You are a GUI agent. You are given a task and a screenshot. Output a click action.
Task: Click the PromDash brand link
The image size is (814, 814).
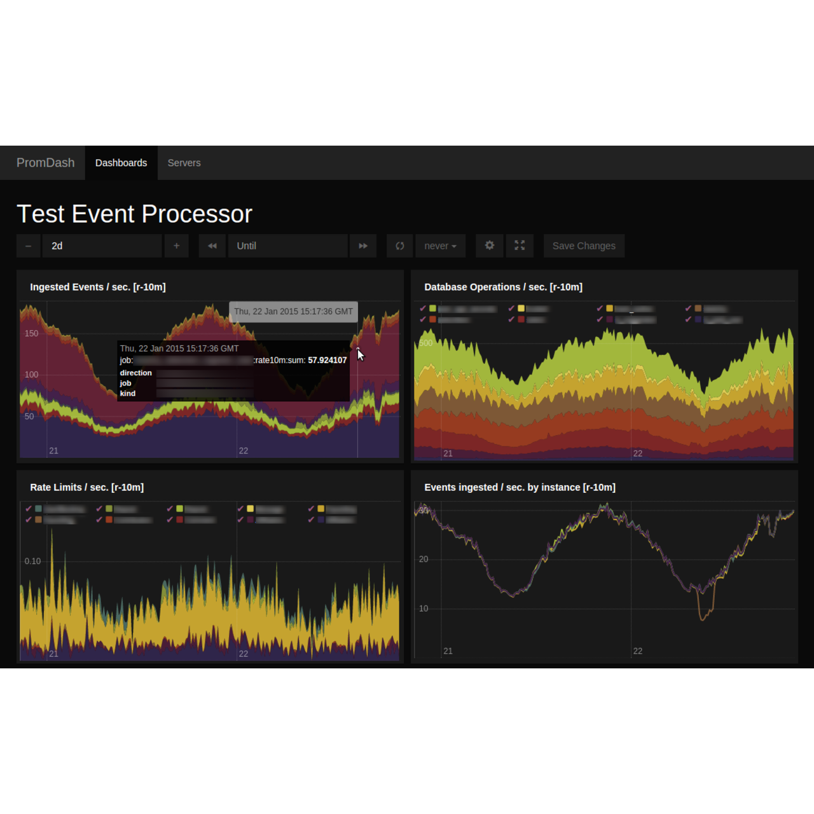pos(45,163)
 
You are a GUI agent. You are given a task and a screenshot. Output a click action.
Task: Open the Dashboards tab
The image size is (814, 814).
pos(121,163)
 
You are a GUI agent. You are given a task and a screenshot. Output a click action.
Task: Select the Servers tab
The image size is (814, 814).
pos(184,163)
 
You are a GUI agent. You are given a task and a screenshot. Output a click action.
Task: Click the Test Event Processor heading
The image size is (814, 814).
pos(134,214)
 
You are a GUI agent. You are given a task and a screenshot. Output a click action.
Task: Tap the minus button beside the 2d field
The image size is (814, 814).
pos(28,246)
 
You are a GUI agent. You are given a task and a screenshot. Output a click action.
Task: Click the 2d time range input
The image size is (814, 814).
pos(102,246)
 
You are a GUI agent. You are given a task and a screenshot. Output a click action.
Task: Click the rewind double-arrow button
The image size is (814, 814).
pos(212,246)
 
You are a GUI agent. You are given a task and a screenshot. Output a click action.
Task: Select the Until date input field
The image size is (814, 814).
pos(287,246)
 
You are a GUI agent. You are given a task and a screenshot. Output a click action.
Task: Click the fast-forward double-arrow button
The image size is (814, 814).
pos(363,246)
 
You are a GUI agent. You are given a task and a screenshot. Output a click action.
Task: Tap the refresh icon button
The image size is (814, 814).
pos(400,246)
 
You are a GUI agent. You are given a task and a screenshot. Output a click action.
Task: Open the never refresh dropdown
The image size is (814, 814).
pos(440,246)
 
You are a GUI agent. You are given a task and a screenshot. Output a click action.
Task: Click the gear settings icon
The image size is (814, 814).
pos(490,245)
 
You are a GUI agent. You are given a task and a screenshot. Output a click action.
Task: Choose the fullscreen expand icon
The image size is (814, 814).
pos(520,245)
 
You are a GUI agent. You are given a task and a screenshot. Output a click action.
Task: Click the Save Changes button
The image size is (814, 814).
pos(584,246)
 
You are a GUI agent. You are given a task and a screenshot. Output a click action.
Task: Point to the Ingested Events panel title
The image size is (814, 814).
pos(98,287)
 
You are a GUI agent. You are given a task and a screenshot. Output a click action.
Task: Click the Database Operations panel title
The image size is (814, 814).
pos(503,287)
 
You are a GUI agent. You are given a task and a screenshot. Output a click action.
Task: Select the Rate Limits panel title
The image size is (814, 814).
pos(87,488)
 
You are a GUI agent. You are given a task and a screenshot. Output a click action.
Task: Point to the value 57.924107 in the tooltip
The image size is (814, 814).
pos(327,361)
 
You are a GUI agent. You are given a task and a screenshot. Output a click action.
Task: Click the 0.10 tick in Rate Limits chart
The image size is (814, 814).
pos(32,562)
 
